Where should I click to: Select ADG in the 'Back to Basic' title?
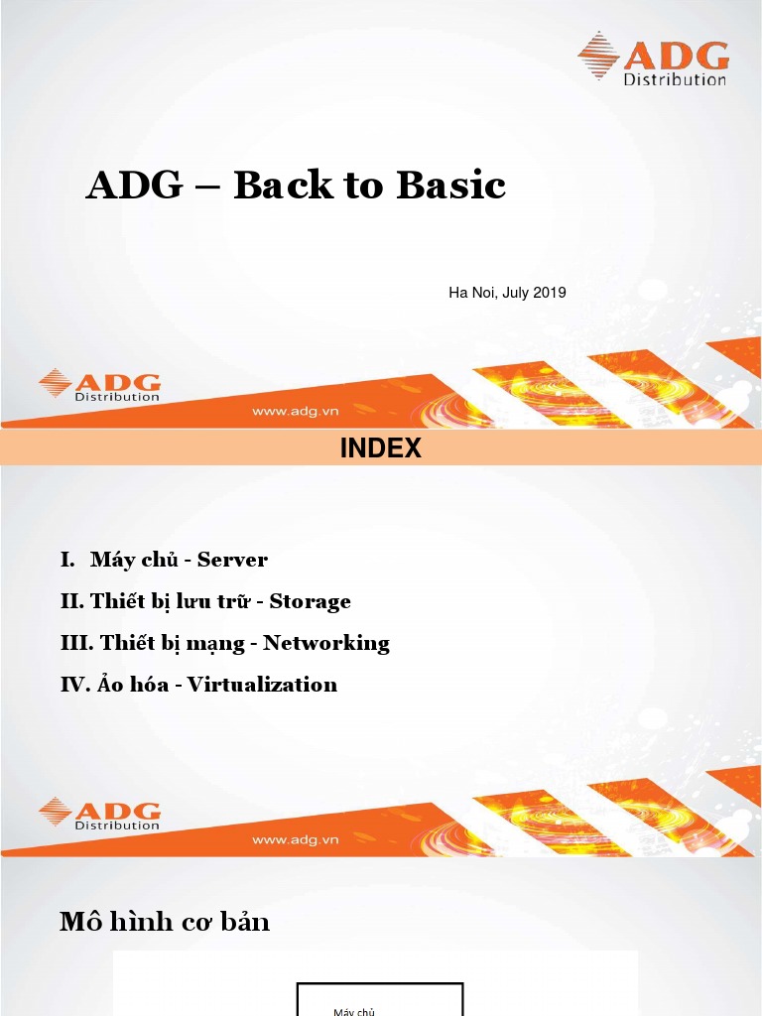pos(129,186)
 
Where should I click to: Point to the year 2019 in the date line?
pos(550,293)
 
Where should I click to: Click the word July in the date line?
pos(517,293)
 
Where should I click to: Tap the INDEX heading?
pos(381,448)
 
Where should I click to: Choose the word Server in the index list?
pos(232,560)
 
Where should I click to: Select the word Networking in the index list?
pos(326,643)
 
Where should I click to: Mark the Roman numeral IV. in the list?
pos(75,685)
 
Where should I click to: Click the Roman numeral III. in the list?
pos(77,643)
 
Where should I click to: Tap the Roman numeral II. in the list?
pos(72,601)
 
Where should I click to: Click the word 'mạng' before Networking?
pos(222,644)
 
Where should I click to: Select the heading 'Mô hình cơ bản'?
pos(165,922)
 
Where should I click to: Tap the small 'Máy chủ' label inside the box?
pos(354,1010)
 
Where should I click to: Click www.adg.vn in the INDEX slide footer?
pos(296,839)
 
